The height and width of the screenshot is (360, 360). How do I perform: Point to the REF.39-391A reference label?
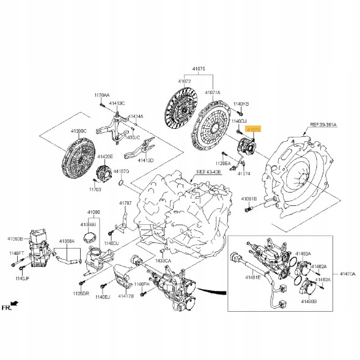(x=323, y=124)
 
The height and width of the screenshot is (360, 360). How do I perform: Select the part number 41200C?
(x=79, y=131)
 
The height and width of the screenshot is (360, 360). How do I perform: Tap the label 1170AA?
(x=101, y=95)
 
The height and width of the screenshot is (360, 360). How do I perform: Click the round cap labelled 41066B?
(x=90, y=237)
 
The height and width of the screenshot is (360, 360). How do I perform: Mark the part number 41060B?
(x=15, y=238)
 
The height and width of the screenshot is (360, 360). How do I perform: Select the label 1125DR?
(x=80, y=293)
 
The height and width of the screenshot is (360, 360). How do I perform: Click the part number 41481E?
(x=254, y=277)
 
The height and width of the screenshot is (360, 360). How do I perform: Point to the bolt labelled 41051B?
(x=249, y=210)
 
